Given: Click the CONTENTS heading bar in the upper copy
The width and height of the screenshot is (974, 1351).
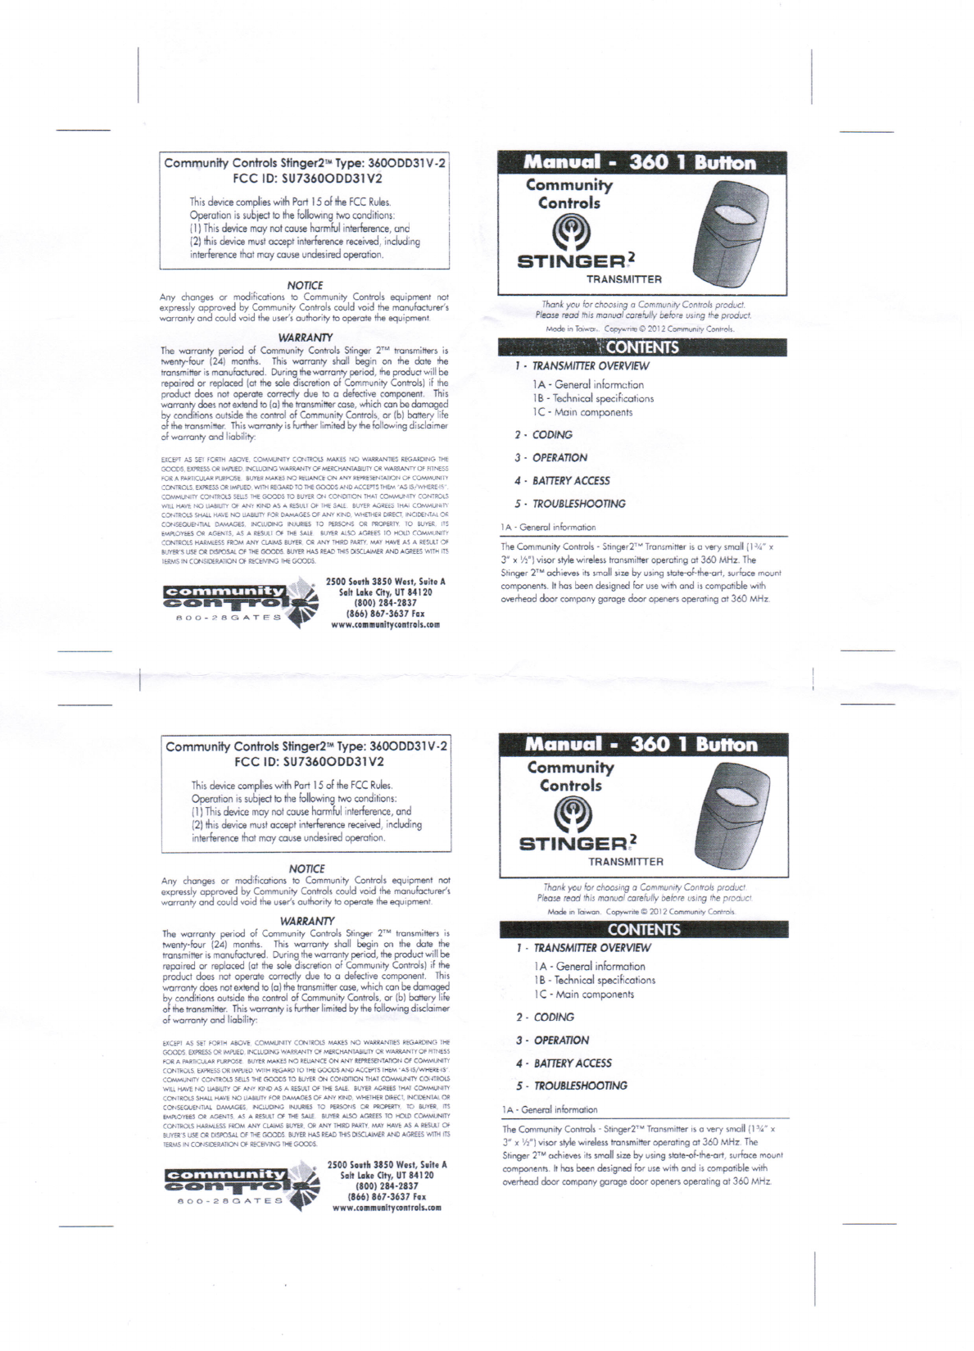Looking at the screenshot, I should coord(642,347).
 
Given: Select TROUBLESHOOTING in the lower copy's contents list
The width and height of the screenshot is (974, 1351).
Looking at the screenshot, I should coord(581,1086).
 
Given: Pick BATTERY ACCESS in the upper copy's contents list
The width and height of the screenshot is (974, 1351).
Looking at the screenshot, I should coord(571,481).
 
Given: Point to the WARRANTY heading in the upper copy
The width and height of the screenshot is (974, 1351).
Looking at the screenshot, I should coord(305,338).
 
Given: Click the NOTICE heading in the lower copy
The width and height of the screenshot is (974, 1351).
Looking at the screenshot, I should coord(307,868).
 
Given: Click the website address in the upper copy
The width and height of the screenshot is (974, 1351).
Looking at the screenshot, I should coord(385,623).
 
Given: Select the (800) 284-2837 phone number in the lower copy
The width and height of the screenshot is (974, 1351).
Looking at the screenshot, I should coord(387,1186).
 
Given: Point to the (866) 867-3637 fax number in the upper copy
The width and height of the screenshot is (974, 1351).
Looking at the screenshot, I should coord(385,613).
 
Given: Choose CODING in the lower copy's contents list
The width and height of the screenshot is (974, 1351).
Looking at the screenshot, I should coord(554,1017).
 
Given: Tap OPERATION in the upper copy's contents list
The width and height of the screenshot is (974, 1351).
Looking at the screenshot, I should coord(560,458).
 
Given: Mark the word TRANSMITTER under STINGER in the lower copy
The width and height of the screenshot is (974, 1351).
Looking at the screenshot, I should coord(626,862).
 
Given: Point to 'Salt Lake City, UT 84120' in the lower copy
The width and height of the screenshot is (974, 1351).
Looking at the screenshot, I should coord(387,1175).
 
